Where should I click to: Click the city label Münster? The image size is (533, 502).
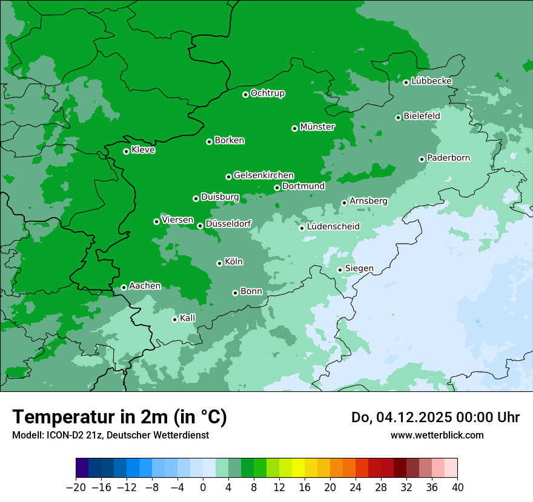coord(317,127)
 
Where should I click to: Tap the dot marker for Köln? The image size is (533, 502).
coord(219,263)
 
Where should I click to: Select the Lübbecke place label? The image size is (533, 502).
coord(431,81)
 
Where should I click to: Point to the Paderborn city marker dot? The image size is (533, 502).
coord(422,159)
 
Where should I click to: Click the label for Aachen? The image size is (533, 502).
coord(145,286)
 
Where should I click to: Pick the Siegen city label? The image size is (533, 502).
coord(359,269)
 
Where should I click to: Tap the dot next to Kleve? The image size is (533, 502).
coord(126,151)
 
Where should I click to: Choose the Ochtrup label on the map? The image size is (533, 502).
coord(268,93)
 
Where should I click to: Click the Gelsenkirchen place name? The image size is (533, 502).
coord(263,175)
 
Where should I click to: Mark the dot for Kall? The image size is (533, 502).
coord(174,319)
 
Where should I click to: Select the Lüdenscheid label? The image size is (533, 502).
coord(333,227)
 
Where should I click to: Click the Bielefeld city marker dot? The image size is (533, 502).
coord(398,117)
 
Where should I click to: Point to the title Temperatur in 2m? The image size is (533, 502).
coord(119,417)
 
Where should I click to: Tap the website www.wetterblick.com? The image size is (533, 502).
coord(437,435)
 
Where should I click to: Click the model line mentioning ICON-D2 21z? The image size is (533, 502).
coord(110,435)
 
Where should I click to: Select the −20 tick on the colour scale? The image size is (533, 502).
coord(76,487)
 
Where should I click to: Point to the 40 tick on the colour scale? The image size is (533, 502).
coord(457,487)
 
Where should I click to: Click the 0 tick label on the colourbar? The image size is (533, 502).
coord(203,487)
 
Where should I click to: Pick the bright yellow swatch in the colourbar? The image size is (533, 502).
coord(298,468)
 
